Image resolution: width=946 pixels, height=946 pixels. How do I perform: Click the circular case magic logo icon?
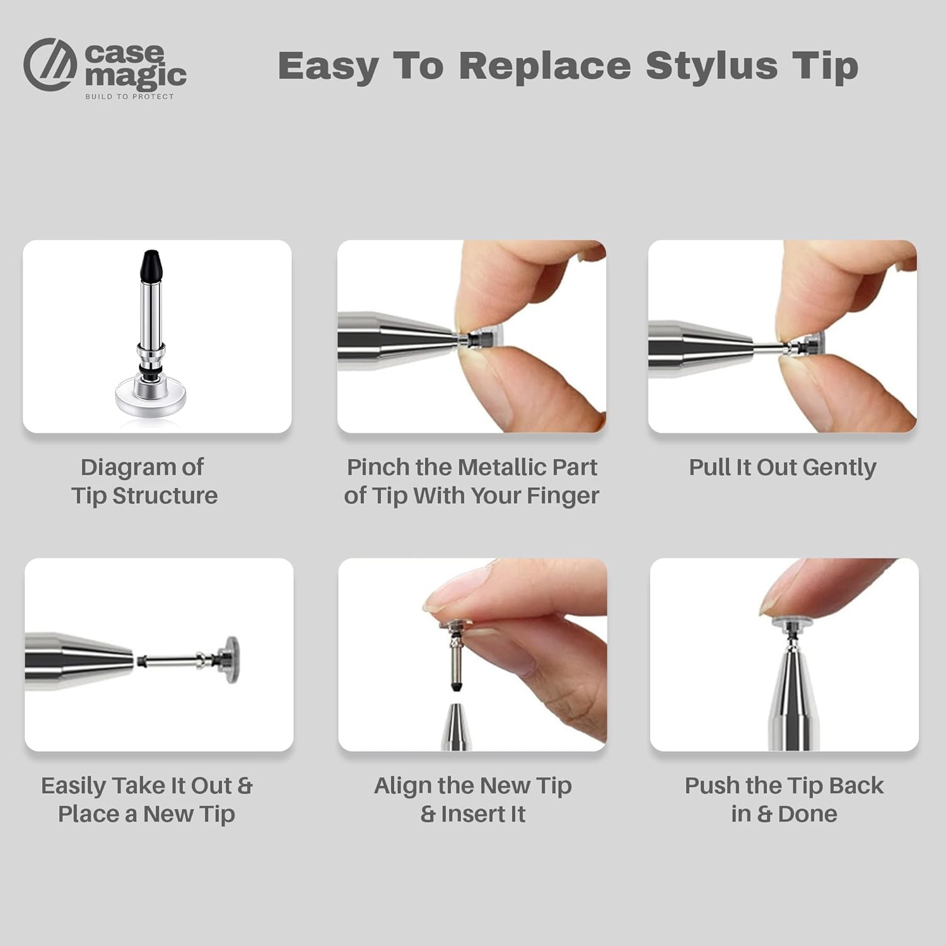coord(50,64)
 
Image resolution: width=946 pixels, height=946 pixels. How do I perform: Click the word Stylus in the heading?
coord(711,67)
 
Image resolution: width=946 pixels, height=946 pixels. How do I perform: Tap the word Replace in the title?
coord(545,66)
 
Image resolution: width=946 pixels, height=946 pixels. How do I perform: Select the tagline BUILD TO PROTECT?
coord(129,96)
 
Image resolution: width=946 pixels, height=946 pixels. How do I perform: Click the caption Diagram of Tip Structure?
coord(144,481)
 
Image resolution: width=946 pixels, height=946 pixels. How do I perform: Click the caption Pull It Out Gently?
coord(783,468)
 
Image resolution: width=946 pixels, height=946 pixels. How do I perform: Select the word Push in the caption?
coord(713,786)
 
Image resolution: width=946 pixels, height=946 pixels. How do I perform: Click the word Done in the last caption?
coord(808,814)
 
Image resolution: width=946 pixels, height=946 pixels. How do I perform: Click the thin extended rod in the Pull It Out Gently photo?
coord(768,346)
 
